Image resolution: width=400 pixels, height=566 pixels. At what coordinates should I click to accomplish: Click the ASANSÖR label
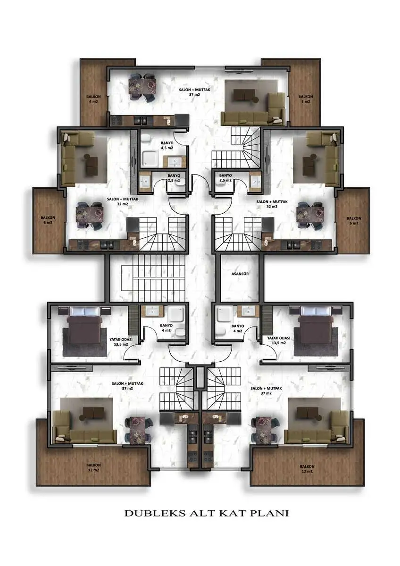point(240,274)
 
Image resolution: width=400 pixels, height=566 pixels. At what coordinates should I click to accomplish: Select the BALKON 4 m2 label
point(93,99)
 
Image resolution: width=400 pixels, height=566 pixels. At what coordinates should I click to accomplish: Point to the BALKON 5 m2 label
point(306,99)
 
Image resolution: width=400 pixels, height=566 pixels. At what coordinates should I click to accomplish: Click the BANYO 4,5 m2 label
point(167,145)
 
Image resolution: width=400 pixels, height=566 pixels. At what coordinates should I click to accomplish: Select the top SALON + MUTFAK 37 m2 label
point(194,92)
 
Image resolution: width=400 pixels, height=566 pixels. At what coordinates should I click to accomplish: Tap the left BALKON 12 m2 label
point(93,467)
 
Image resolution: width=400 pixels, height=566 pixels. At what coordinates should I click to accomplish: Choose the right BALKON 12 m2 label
point(307,469)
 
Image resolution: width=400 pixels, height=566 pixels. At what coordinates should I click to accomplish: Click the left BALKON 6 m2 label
point(48,220)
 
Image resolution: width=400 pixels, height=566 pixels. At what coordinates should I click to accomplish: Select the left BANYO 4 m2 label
point(166,328)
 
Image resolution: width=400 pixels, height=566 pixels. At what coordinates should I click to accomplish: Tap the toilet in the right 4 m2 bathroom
point(221,331)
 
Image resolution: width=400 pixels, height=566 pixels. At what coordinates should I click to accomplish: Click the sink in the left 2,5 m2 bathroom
point(145,180)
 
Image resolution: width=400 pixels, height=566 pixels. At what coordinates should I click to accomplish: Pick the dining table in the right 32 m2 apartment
point(310,215)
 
